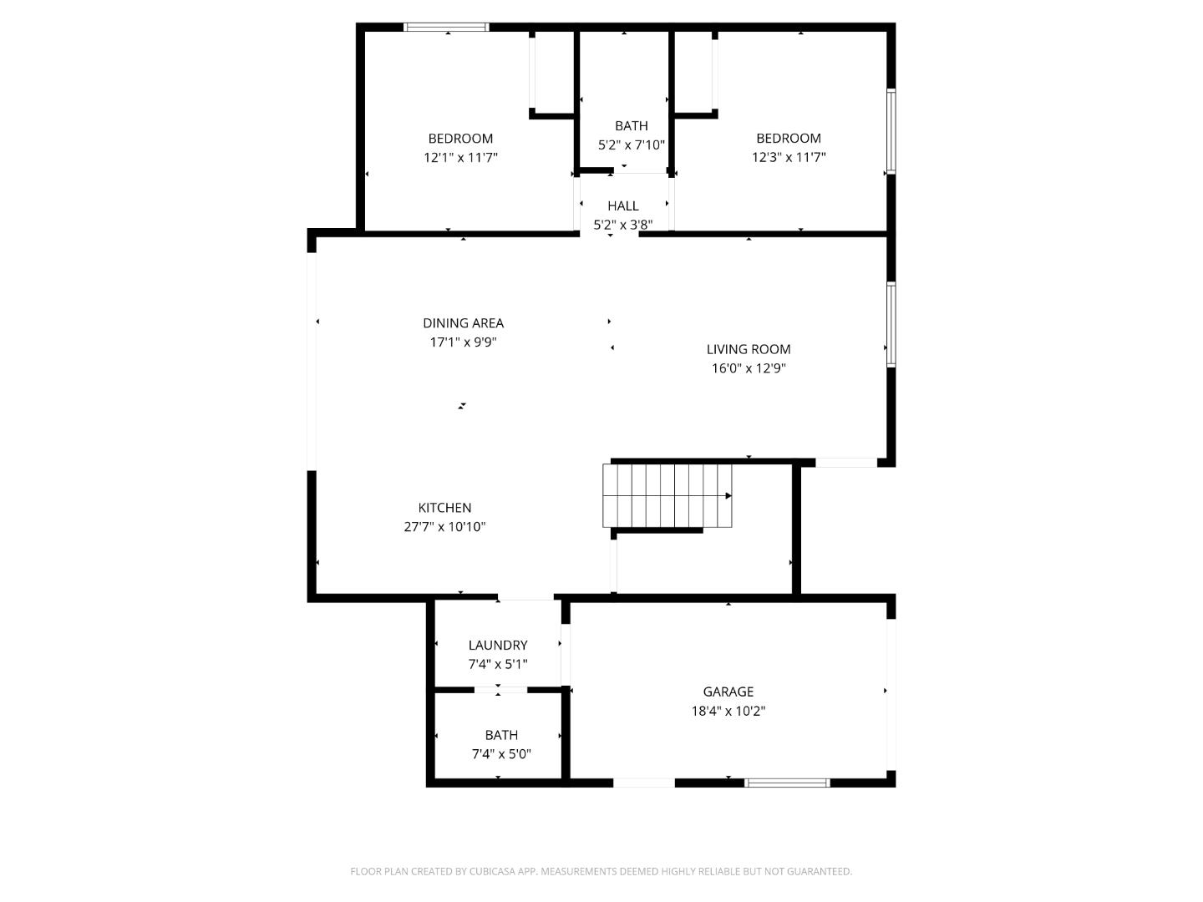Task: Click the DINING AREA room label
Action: point(463,323)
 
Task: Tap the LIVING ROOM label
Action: point(748,349)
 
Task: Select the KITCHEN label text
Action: point(444,508)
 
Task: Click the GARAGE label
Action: point(728,692)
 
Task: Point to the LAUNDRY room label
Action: point(497,645)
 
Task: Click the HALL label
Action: point(622,205)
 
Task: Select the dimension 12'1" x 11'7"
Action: point(460,157)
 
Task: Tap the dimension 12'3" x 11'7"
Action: point(788,157)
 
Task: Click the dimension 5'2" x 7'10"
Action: point(631,144)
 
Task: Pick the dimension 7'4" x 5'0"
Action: point(500,754)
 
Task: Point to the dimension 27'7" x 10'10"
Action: point(444,527)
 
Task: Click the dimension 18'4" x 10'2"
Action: point(728,712)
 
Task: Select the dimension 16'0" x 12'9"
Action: point(748,368)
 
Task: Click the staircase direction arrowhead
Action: point(728,495)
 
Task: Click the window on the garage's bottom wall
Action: point(786,783)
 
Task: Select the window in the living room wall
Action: point(891,324)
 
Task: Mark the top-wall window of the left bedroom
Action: point(446,28)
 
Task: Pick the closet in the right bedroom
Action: point(693,72)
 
